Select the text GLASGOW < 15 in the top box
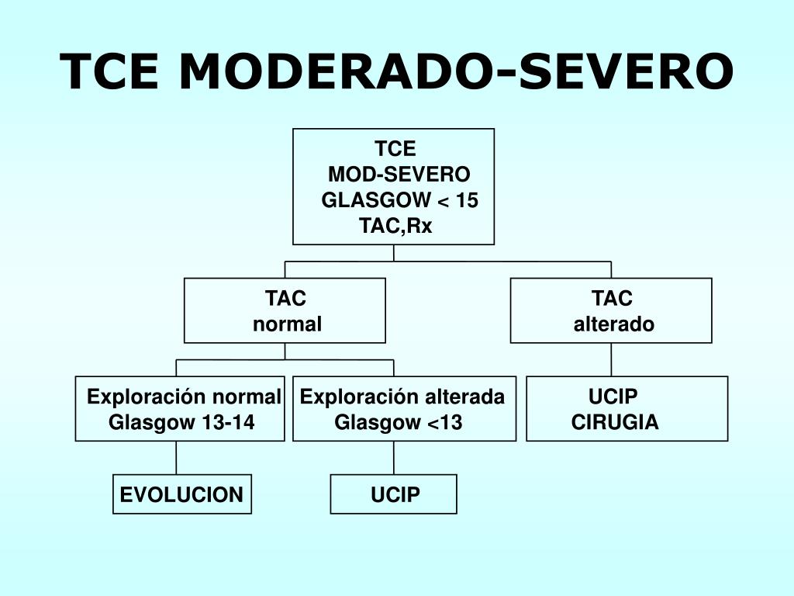(x=399, y=200)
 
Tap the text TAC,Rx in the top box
(x=395, y=226)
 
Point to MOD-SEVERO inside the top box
(x=399, y=175)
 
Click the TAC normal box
(x=285, y=310)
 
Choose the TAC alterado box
(x=611, y=310)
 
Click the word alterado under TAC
(x=613, y=324)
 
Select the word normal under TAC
(x=287, y=324)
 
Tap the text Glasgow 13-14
(x=181, y=423)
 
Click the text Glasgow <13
(x=398, y=423)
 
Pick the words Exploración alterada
(x=402, y=397)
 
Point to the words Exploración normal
(x=184, y=397)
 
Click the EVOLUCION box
(x=182, y=494)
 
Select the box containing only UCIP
(x=394, y=494)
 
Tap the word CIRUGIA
(x=615, y=423)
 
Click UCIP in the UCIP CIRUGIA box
(x=613, y=397)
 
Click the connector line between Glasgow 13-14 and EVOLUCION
(x=177, y=457)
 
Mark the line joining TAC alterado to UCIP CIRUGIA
(x=611, y=359)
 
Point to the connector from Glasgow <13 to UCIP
(x=394, y=457)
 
